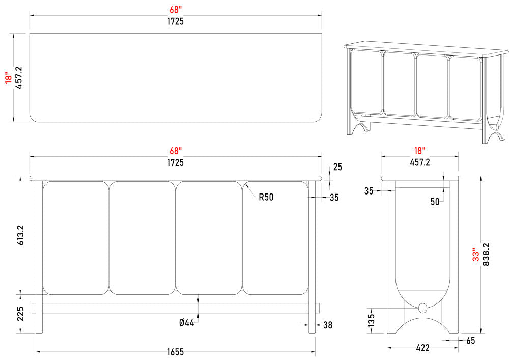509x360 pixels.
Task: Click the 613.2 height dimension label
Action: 21,235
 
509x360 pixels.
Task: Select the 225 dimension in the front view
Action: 21,314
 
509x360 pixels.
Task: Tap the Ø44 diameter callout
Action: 187,323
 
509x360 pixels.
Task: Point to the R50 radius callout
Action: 266,197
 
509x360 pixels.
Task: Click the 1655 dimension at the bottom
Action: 175,352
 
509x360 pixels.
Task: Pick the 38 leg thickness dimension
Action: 328,325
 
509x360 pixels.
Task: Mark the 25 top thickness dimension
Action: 337,167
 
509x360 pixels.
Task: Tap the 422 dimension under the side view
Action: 422,348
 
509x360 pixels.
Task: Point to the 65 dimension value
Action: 470,340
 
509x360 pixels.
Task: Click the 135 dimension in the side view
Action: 371,321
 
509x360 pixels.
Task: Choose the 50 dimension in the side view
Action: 435,202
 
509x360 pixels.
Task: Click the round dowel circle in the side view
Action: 422,308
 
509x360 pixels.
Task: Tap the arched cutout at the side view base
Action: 422,326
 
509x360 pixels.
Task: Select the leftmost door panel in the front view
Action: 75,238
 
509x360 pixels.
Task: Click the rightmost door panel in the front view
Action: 275,238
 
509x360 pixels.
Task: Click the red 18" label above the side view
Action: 419,151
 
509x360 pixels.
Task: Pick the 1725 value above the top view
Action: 175,21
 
